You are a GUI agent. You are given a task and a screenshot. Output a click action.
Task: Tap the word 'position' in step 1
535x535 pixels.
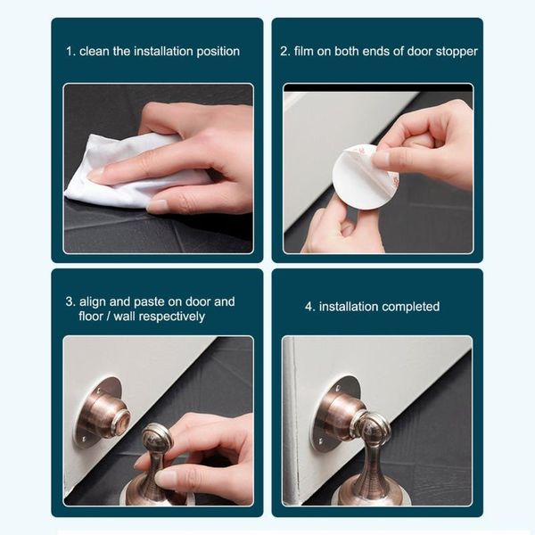coord(218,52)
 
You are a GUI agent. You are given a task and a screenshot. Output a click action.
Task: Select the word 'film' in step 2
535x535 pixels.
coord(304,51)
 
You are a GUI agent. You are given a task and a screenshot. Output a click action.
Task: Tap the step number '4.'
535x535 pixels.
coord(309,307)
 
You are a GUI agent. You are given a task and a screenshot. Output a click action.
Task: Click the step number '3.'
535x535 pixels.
coord(70,301)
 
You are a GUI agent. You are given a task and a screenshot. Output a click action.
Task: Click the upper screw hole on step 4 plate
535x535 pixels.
coord(339,388)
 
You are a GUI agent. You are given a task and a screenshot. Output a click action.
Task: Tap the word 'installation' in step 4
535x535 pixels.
coord(349,307)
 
